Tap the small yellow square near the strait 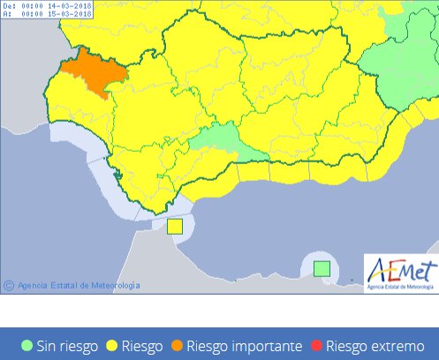point(175,226)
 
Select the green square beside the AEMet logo point(323,267)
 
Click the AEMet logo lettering point(400,267)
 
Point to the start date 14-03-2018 point(71,6)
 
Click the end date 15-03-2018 point(71,14)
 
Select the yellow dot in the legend point(112,346)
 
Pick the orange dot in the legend point(178,346)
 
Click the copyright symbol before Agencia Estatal point(9,285)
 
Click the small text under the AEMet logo point(400,286)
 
